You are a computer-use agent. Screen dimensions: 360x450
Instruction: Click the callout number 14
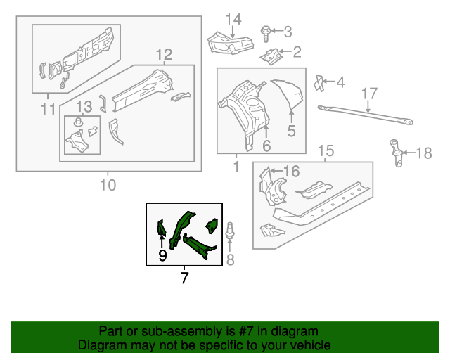point(233,18)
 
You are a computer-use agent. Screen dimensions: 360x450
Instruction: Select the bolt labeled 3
point(266,31)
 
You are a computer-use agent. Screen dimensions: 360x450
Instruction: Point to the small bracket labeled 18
point(397,153)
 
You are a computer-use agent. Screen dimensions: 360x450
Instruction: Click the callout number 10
point(108,186)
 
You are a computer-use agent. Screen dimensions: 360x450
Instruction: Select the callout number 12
point(163,53)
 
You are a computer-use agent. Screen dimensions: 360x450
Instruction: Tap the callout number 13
point(84,107)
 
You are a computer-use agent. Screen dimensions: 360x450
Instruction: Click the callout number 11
point(47,108)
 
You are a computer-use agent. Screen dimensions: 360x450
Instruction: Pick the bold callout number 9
point(162,256)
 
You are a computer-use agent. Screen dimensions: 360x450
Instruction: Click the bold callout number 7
point(184,278)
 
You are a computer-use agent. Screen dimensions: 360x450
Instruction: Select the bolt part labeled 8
point(232,234)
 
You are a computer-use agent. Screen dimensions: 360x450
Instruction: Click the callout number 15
point(326,150)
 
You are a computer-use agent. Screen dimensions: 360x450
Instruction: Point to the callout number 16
point(291,170)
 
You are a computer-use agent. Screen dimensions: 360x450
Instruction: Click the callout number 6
point(266,146)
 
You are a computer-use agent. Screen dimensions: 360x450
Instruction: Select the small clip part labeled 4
point(319,82)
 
